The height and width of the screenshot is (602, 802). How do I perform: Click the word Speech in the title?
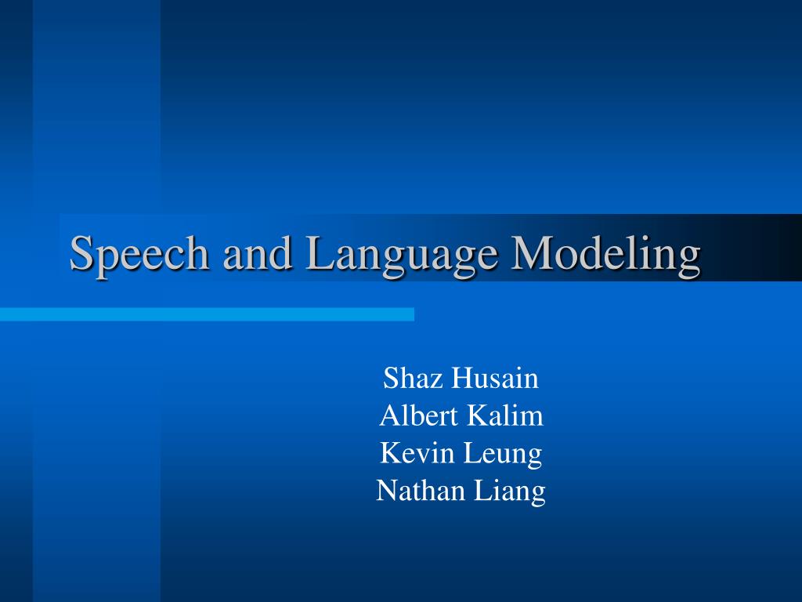point(139,255)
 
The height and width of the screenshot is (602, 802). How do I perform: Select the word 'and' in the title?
point(257,252)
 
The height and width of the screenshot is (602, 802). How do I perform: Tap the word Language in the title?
point(402,255)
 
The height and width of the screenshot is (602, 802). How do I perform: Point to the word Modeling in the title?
point(605,255)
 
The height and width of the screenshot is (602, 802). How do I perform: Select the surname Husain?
point(495,378)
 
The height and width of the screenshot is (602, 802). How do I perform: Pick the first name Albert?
point(418,415)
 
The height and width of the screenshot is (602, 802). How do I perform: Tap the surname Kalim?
point(505,415)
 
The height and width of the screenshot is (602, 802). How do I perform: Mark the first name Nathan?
point(421,490)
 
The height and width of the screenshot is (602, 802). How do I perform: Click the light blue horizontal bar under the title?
point(207,314)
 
